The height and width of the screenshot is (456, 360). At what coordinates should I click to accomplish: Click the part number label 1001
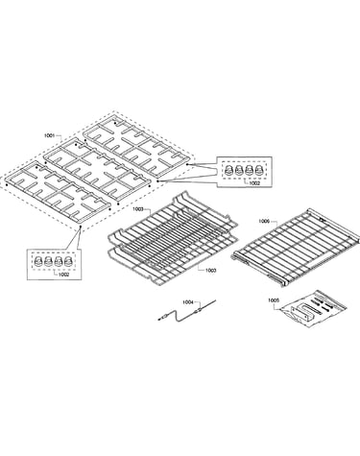pyautogui.click(x=49, y=135)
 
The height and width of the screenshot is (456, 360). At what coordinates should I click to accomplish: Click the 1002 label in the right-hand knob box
pyautogui.click(x=254, y=183)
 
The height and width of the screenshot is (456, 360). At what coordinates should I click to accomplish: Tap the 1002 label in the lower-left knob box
pyautogui.click(x=64, y=275)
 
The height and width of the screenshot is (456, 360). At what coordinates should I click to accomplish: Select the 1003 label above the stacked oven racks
pyautogui.click(x=138, y=209)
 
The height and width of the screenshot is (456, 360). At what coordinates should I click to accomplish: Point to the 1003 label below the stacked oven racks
pyautogui.click(x=210, y=271)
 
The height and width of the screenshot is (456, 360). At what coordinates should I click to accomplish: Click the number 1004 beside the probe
pyautogui.click(x=188, y=301)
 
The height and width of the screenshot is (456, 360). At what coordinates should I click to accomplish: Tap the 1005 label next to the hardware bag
pyautogui.click(x=274, y=300)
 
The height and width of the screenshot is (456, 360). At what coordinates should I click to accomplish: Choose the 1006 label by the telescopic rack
pyautogui.click(x=264, y=221)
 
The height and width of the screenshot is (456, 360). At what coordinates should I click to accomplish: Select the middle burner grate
pyautogui.click(x=97, y=170)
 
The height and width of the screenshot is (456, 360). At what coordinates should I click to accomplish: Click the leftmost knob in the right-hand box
pyautogui.click(x=229, y=170)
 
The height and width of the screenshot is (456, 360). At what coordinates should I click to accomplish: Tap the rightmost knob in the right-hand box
pyautogui.click(x=259, y=170)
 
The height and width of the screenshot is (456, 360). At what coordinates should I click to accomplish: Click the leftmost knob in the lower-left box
pyautogui.click(x=38, y=261)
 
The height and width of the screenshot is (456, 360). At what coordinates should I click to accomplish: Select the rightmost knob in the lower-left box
pyautogui.click(x=68, y=261)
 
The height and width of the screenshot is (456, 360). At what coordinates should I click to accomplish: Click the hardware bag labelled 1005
pyautogui.click(x=312, y=308)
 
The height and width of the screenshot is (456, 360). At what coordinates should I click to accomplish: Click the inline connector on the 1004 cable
pyautogui.click(x=200, y=309)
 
